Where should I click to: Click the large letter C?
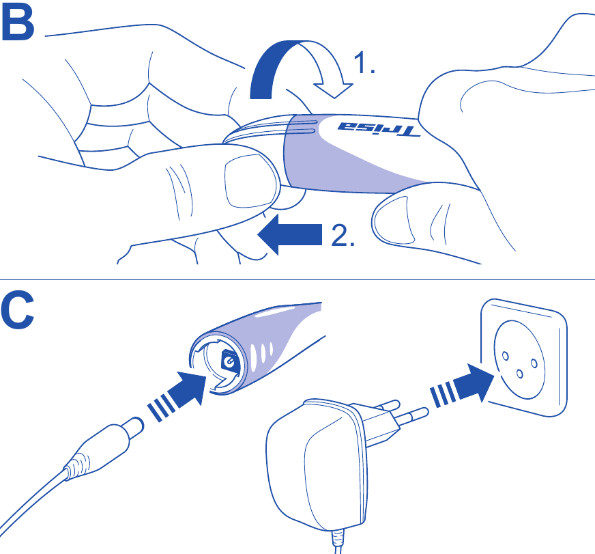coord(19,312)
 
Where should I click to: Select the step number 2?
coord(343,236)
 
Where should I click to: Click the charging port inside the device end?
coord(228,362)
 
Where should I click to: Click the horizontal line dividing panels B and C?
coord(297,279)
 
